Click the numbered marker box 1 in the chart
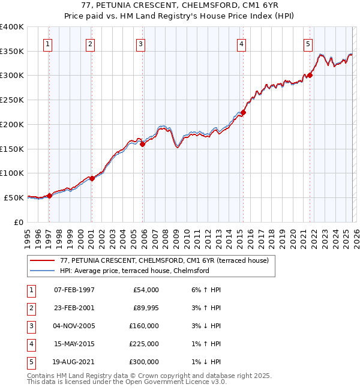tap(47, 43)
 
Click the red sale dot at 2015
tap(244, 112)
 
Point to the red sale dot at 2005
tap(143, 144)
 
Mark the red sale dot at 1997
tap(49, 195)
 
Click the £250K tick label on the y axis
tap(12, 100)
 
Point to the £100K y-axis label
tap(12, 173)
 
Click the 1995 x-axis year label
tap(28, 237)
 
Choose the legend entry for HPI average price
tap(134, 271)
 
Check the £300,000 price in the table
tap(143, 362)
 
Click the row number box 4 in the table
tap(29, 344)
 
